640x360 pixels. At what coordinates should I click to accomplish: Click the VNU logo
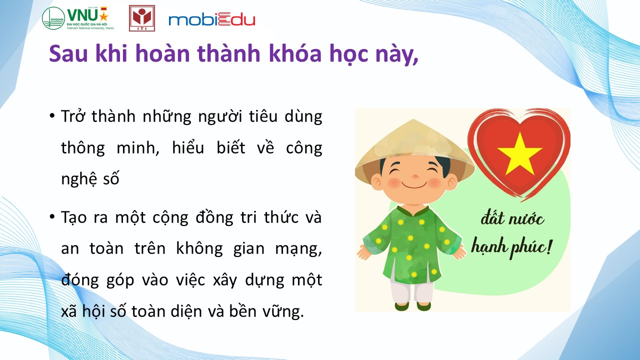click(78, 18)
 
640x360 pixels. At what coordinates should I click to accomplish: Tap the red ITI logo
click(141, 18)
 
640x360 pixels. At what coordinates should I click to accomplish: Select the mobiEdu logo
click(211, 20)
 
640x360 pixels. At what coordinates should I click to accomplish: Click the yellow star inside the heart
click(519, 154)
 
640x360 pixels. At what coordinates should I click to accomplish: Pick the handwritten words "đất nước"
click(512, 219)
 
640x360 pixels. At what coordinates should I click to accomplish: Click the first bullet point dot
click(52, 116)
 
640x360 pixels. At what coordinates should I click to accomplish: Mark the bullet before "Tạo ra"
click(52, 217)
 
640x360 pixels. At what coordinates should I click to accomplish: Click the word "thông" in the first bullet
click(83, 148)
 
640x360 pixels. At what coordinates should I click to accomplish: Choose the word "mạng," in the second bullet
click(298, 249)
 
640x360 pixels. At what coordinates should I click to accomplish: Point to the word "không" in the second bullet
click(199, 248)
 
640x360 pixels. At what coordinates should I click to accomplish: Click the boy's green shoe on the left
click(401, 306)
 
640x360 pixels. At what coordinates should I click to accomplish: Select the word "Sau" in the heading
click(68, 53)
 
